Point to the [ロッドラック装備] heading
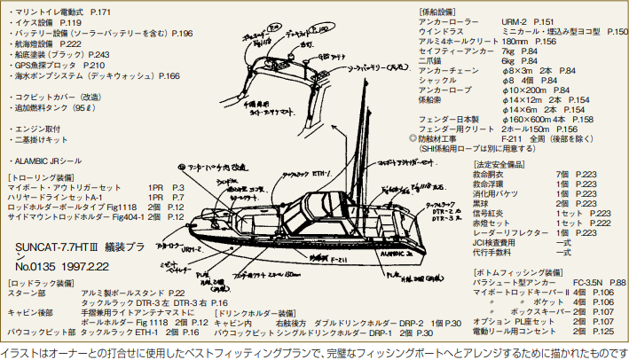pos(36,282)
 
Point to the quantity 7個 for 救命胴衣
pos(562,175)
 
